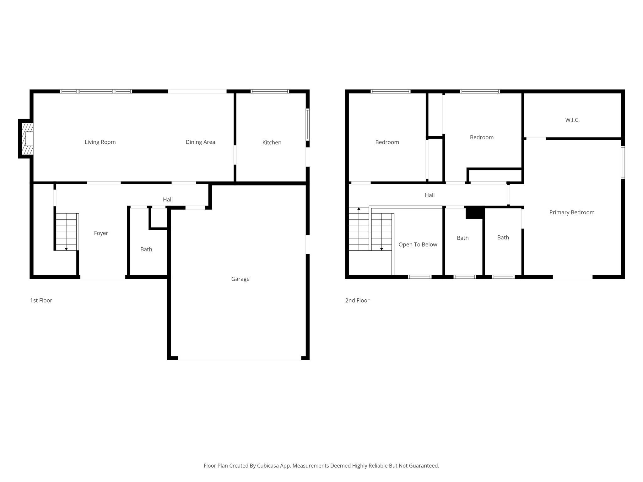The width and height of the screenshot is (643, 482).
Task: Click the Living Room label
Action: coord(100,142)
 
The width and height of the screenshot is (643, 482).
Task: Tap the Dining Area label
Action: coord(200,142)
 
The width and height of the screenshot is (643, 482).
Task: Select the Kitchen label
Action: coord(272,142)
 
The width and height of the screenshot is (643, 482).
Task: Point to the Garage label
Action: coord(240,279)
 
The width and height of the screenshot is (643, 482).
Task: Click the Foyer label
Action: coord(101,233)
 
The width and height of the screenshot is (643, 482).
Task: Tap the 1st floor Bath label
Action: coord(146,249)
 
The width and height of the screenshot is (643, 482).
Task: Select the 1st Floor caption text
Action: coord(41,301)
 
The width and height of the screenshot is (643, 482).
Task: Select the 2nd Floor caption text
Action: coord(357,301)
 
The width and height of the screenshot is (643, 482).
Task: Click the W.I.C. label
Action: coord(572,120)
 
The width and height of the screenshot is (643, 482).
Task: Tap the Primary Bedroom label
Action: coord(572,212)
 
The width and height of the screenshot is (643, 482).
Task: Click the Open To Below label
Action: coord(418,245)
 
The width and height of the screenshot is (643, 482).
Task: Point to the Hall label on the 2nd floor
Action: coord(430,195)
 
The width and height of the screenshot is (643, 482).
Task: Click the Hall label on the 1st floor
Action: coord(168,200)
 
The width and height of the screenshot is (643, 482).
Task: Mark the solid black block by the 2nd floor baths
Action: coord(475,213)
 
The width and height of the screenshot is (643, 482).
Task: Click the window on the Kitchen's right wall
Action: coord(308,124)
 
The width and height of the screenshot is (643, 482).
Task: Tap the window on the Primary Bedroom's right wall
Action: coord(623,162)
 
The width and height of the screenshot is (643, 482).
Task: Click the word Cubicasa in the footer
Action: coord(269,466)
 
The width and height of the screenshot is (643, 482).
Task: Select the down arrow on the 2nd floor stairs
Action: coord(381,249)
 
